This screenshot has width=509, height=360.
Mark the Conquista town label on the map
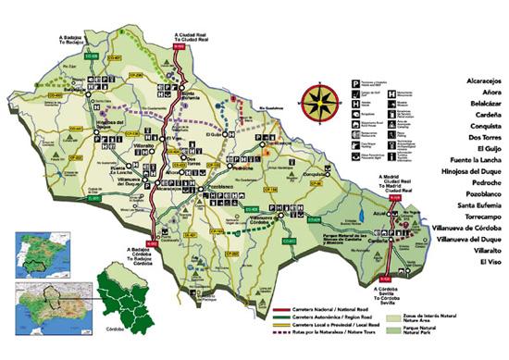tap(316, 174)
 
